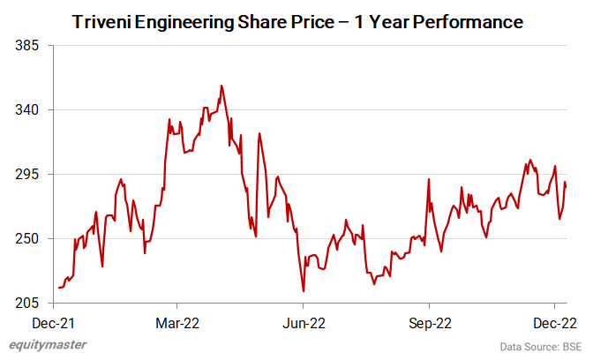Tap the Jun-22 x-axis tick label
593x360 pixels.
pyautogui.click(x=304, y=323)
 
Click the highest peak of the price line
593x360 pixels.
pyautogui.click(x=221, y=86)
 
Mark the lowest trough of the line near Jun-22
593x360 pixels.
pyautogui.click(x=303, y=291)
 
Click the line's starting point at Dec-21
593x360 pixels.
pyautogui.click(x=58, y=288)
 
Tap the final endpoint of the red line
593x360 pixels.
pyautogui.click(x=566, y=185)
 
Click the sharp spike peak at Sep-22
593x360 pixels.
pyautogui.click(x=429, y=179)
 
